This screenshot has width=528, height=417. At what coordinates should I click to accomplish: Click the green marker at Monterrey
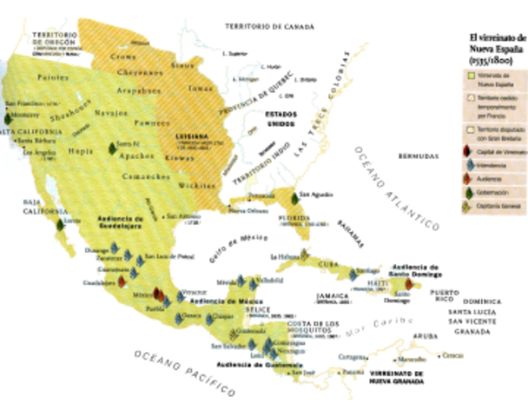click(9, 116)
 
